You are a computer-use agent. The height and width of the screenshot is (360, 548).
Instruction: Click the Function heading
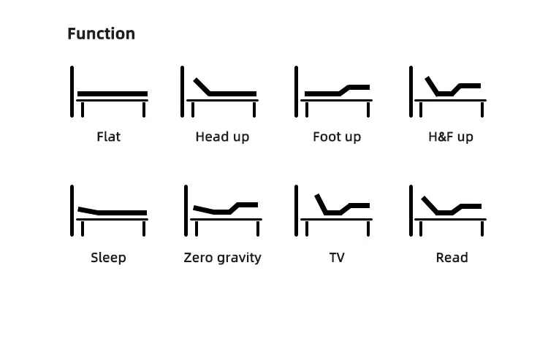click(101, 34)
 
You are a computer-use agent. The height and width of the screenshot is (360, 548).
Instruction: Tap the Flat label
click(108, 137)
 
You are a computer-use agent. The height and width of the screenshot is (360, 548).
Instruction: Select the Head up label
click(222, 137)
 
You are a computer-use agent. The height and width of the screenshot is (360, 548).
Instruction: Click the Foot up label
click(337, 137)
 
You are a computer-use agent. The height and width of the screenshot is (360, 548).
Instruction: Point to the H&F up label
click(451, 137)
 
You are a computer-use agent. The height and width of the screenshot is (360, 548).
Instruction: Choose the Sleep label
click(108, 257)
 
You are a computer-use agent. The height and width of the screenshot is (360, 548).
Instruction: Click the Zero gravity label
click(222, 257)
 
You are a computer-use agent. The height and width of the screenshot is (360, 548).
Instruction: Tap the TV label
click(337, 257)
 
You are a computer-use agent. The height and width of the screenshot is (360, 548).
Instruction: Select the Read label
click(452, 257)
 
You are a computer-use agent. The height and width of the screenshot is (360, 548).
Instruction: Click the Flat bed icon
click(110, 93)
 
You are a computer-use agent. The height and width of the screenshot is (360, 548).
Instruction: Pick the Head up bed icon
click(221, 93)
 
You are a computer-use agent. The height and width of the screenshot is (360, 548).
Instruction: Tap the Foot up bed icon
click(334, 93)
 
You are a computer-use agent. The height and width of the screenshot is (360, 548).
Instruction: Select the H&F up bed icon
click(448, 93)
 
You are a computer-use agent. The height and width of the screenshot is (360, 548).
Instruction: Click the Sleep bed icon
click(110, 212)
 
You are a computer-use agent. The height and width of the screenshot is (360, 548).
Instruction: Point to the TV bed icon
click(334, 212)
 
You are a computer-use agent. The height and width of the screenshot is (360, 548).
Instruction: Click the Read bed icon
click(448, 212)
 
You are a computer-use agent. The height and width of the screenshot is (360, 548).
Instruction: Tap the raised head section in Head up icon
click(202, 86)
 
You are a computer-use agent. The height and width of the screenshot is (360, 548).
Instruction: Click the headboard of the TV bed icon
click(297, 210)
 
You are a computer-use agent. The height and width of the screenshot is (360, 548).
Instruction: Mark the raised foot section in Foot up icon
click(358, 88)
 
